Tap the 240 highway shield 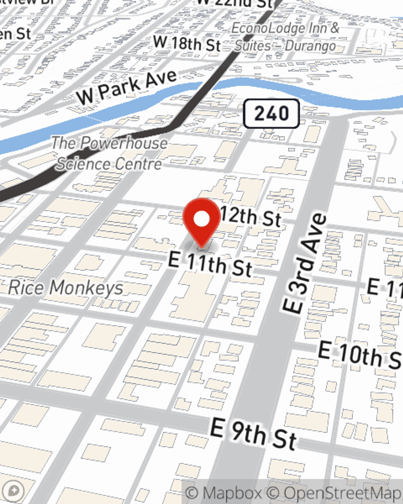[x=271, y=113]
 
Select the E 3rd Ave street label [x=304, y=264]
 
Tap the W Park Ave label [x=127, y=86]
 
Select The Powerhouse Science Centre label [x=109, y=154]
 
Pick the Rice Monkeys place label [x=66, y=288]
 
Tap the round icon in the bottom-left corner [x=15, y=491]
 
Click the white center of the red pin [x=202, y=219]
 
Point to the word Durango [x=310, y=46]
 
